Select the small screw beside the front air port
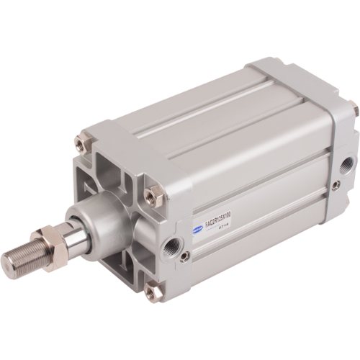[186, 256]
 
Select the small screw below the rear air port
[335, 186]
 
